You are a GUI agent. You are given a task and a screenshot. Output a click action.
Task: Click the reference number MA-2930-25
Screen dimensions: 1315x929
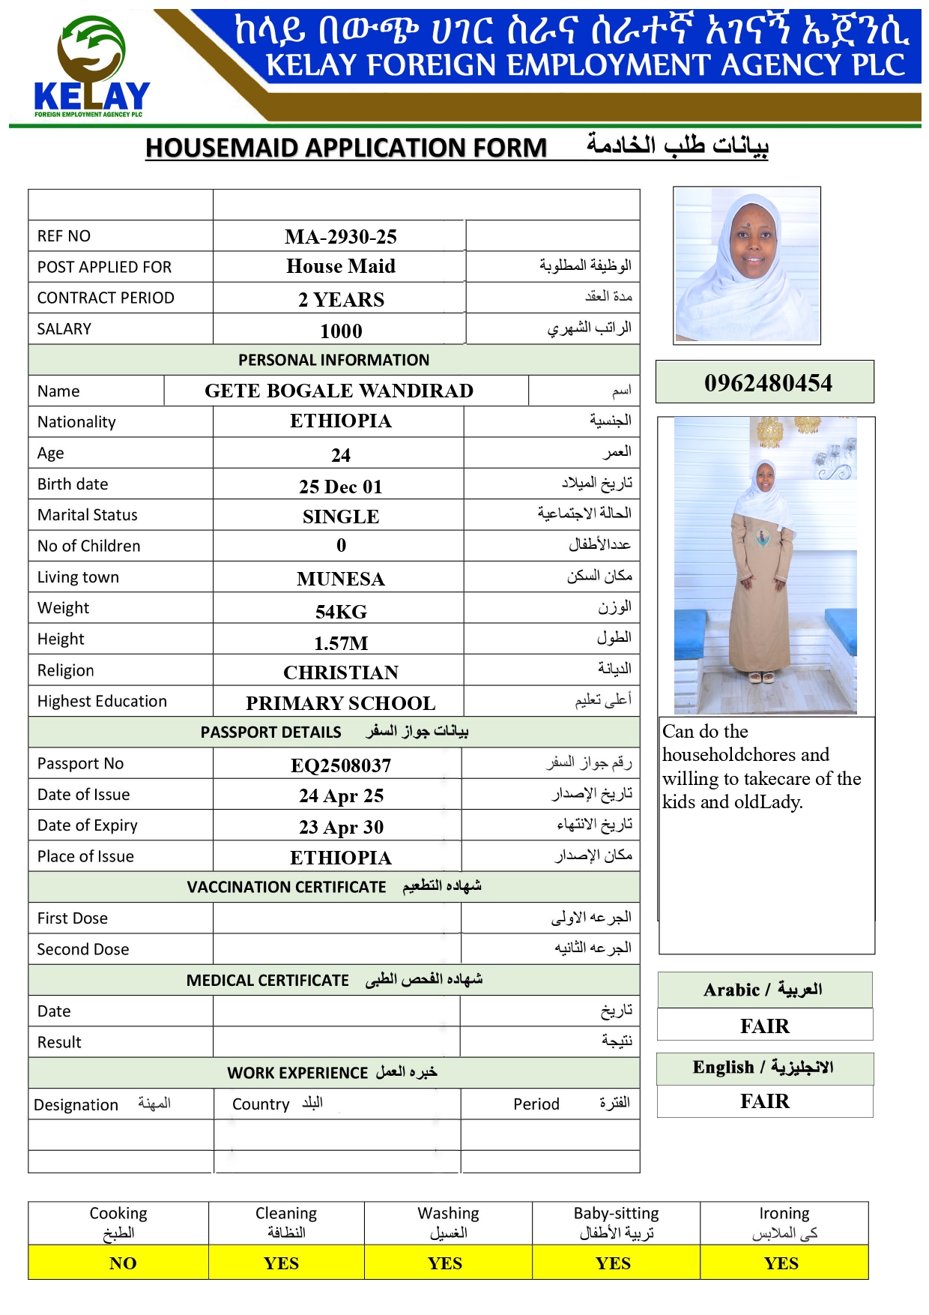point(341,237)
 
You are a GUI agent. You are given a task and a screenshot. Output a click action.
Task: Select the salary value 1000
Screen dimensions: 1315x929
point(341,331)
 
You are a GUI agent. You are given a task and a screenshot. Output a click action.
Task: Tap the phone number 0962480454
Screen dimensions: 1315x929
point(768,383)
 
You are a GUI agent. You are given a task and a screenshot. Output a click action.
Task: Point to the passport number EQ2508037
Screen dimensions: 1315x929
point(341,765)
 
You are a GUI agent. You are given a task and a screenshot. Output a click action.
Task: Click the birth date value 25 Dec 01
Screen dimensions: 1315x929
point(341,487)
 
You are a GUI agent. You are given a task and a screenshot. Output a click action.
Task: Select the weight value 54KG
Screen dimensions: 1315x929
point(341,612)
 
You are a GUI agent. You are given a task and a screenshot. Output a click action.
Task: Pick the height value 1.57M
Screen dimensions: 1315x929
point(341,643)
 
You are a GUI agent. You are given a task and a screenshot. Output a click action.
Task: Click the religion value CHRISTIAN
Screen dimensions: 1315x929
point(341,672)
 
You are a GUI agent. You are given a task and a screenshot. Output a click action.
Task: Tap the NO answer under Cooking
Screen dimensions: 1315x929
point(123,1263)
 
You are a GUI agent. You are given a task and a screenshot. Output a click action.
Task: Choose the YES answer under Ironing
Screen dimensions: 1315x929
point(781,1263)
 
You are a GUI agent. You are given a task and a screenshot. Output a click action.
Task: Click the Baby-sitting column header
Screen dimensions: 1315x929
point(616,1222)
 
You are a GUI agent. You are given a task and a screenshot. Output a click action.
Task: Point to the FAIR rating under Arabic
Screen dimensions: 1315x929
point(765,1026)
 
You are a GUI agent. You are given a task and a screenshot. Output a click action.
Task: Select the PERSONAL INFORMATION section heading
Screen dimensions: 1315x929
point(334,360)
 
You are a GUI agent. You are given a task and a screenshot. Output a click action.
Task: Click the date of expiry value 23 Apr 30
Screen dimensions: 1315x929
point(341,827)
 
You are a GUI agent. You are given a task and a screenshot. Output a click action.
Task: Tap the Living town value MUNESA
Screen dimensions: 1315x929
point(341,579)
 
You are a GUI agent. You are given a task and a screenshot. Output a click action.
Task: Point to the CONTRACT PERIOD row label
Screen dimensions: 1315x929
point(106,298)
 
